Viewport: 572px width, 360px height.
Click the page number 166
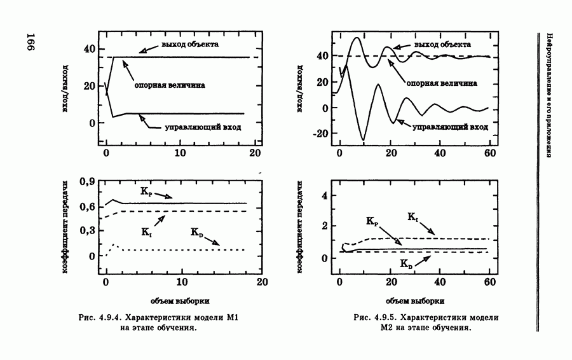(x=32, y=44)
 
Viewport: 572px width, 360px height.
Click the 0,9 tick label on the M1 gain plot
(x=87, y=182)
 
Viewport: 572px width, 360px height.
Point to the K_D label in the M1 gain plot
(x=197, y=233)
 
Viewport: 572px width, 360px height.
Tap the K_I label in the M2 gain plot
(x=412, y=218)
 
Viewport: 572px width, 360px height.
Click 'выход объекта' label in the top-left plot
(x=190, y=45)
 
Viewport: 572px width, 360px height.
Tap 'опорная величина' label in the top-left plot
(x=170, y=83)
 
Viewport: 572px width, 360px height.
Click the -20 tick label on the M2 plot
(x=319, y=134)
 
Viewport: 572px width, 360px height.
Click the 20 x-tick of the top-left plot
(x=255, y=153)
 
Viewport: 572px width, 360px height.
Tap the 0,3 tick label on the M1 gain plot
(x=87, y=232)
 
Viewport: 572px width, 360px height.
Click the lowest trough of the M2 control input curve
(x=364, y=139)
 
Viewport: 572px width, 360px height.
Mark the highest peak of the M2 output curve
(x=357, y=38)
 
